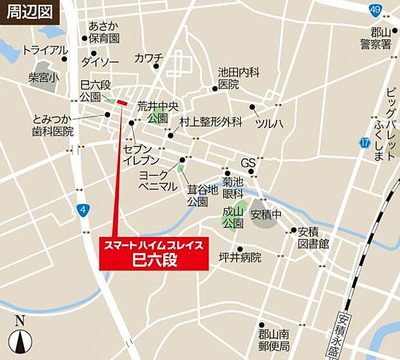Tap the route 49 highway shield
pyautogui.click(x=375, y=9)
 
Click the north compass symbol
pyautogui.click(x=20, y=335)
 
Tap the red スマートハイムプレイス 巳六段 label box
pyautogui.click(x=154, y=253)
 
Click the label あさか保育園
pyautogui.click(x=104, y=32)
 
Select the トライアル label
pyautogui.click(x=45, y=50)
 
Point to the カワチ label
pyautogui.click(x=148, y=58)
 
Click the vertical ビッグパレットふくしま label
pyautogui.click(x=389, y=125)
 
